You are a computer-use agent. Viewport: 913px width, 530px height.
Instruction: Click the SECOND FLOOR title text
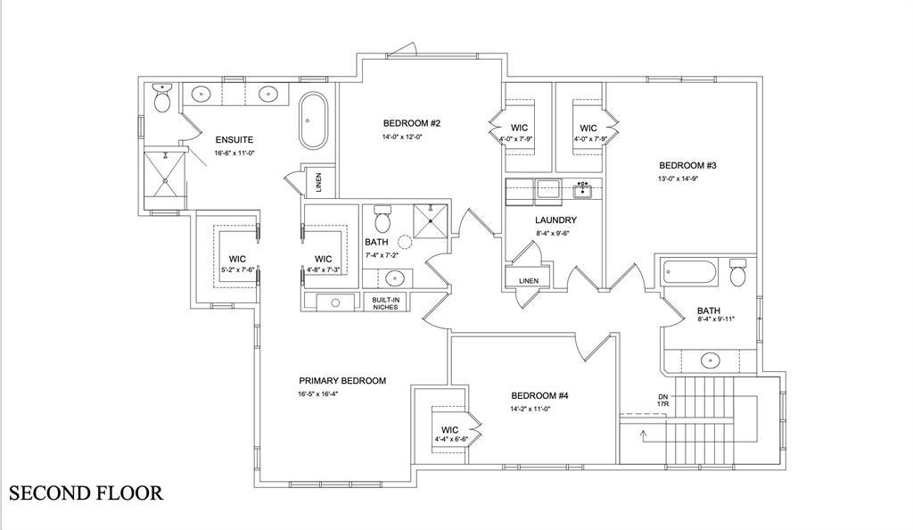[x=86, y=493]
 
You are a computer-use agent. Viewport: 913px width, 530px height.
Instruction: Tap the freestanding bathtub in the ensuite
[x=314, y=120]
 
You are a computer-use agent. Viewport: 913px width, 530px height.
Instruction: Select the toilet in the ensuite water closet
[x=161, y=98]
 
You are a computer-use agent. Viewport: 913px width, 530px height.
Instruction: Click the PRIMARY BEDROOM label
[x=342, y=381]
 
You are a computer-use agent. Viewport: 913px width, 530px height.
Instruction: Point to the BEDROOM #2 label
[x=412, y=123]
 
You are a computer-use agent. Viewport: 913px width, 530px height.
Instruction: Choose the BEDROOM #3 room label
[x=687, y=165]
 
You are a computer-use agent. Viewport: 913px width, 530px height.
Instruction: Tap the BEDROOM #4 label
[x=539, y=396]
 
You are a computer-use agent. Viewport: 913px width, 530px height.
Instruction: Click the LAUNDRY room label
[x=556, y=220]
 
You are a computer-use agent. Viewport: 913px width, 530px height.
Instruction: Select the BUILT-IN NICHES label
[x=385, y=303]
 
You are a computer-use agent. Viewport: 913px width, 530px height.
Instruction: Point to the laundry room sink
[x=583, y=190]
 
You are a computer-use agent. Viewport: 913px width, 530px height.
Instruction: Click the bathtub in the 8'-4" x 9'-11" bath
[x=690, y=271]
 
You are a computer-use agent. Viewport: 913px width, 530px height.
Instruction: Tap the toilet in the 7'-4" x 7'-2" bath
[x=382, y=219]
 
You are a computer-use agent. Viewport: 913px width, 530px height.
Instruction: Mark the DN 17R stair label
[x=662, y=400]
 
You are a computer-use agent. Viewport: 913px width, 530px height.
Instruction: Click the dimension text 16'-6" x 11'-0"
[x=234, y=153]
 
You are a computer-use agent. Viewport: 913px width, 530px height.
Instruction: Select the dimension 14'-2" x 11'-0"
[x=531, y=409]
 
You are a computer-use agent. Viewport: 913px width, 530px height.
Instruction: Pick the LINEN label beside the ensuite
[x=318, y=183]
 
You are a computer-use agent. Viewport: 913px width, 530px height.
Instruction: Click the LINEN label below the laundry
[x=529, y=281]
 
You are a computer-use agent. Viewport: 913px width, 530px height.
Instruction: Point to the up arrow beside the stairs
[x=644, y=435]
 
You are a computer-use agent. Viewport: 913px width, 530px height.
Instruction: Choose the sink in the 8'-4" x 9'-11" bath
[x=710, y=360]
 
